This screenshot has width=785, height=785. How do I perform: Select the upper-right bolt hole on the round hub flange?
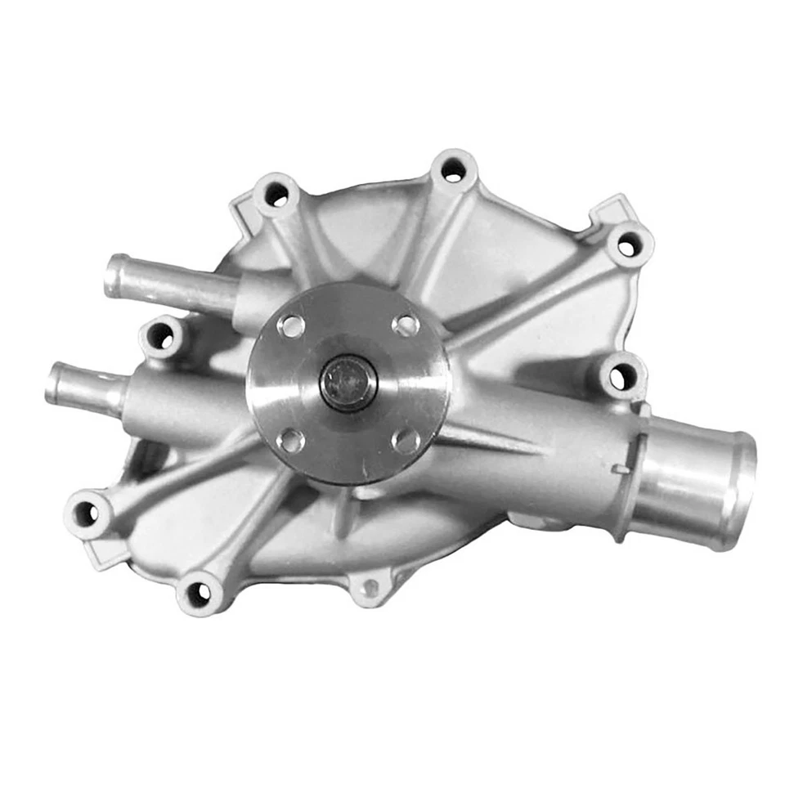pyautogui.click(x=405, y=325)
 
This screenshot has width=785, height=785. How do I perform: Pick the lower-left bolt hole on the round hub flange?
pyautogui.click(x=291, y=441)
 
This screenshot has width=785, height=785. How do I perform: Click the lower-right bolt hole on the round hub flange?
pyautogui.click(x=406, y=441)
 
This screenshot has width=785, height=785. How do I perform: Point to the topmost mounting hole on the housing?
pyautogui.click(x=452, y=171)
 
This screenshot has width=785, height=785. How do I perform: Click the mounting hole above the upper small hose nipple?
pyautogui.click(x=276, y=194)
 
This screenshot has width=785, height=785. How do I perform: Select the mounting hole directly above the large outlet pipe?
pyautogui.click(x=621, y=376)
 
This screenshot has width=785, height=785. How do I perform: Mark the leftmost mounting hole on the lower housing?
pyautogui.click(x=86, y=513)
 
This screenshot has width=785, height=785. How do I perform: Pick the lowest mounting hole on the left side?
pyautogui.click(x=199, y=594)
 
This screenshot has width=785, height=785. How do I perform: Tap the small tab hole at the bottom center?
pyautogui.click(x=369, y=585)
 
